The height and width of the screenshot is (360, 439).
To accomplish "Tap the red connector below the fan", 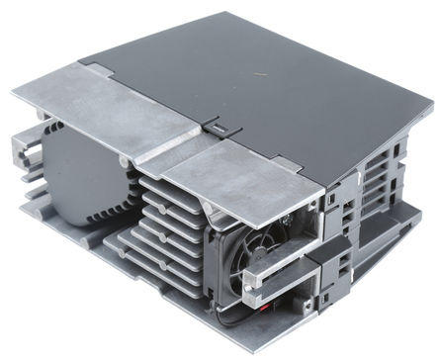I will (x=294, y=305).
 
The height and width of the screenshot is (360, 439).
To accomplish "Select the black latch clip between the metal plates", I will (x=214, y=126).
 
